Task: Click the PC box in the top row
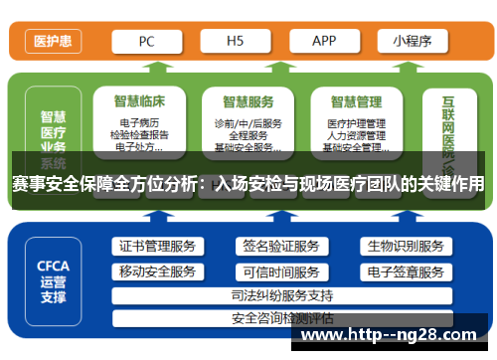(146, 42)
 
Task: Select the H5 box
(235, 42)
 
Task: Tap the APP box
(324, 42)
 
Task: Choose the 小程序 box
(412, 42)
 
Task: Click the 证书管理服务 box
(157, 246)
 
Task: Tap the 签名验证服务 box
(281, 246)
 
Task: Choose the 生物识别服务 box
(405, 246)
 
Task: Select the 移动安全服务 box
(157, 270)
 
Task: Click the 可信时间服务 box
(281, 270)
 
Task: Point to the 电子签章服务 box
(405, 270)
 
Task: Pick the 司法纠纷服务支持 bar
(281, 295)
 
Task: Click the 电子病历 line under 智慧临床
(139, 123)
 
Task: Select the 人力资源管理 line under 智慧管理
(356, 135)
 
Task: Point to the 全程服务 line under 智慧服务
(248, 135)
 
